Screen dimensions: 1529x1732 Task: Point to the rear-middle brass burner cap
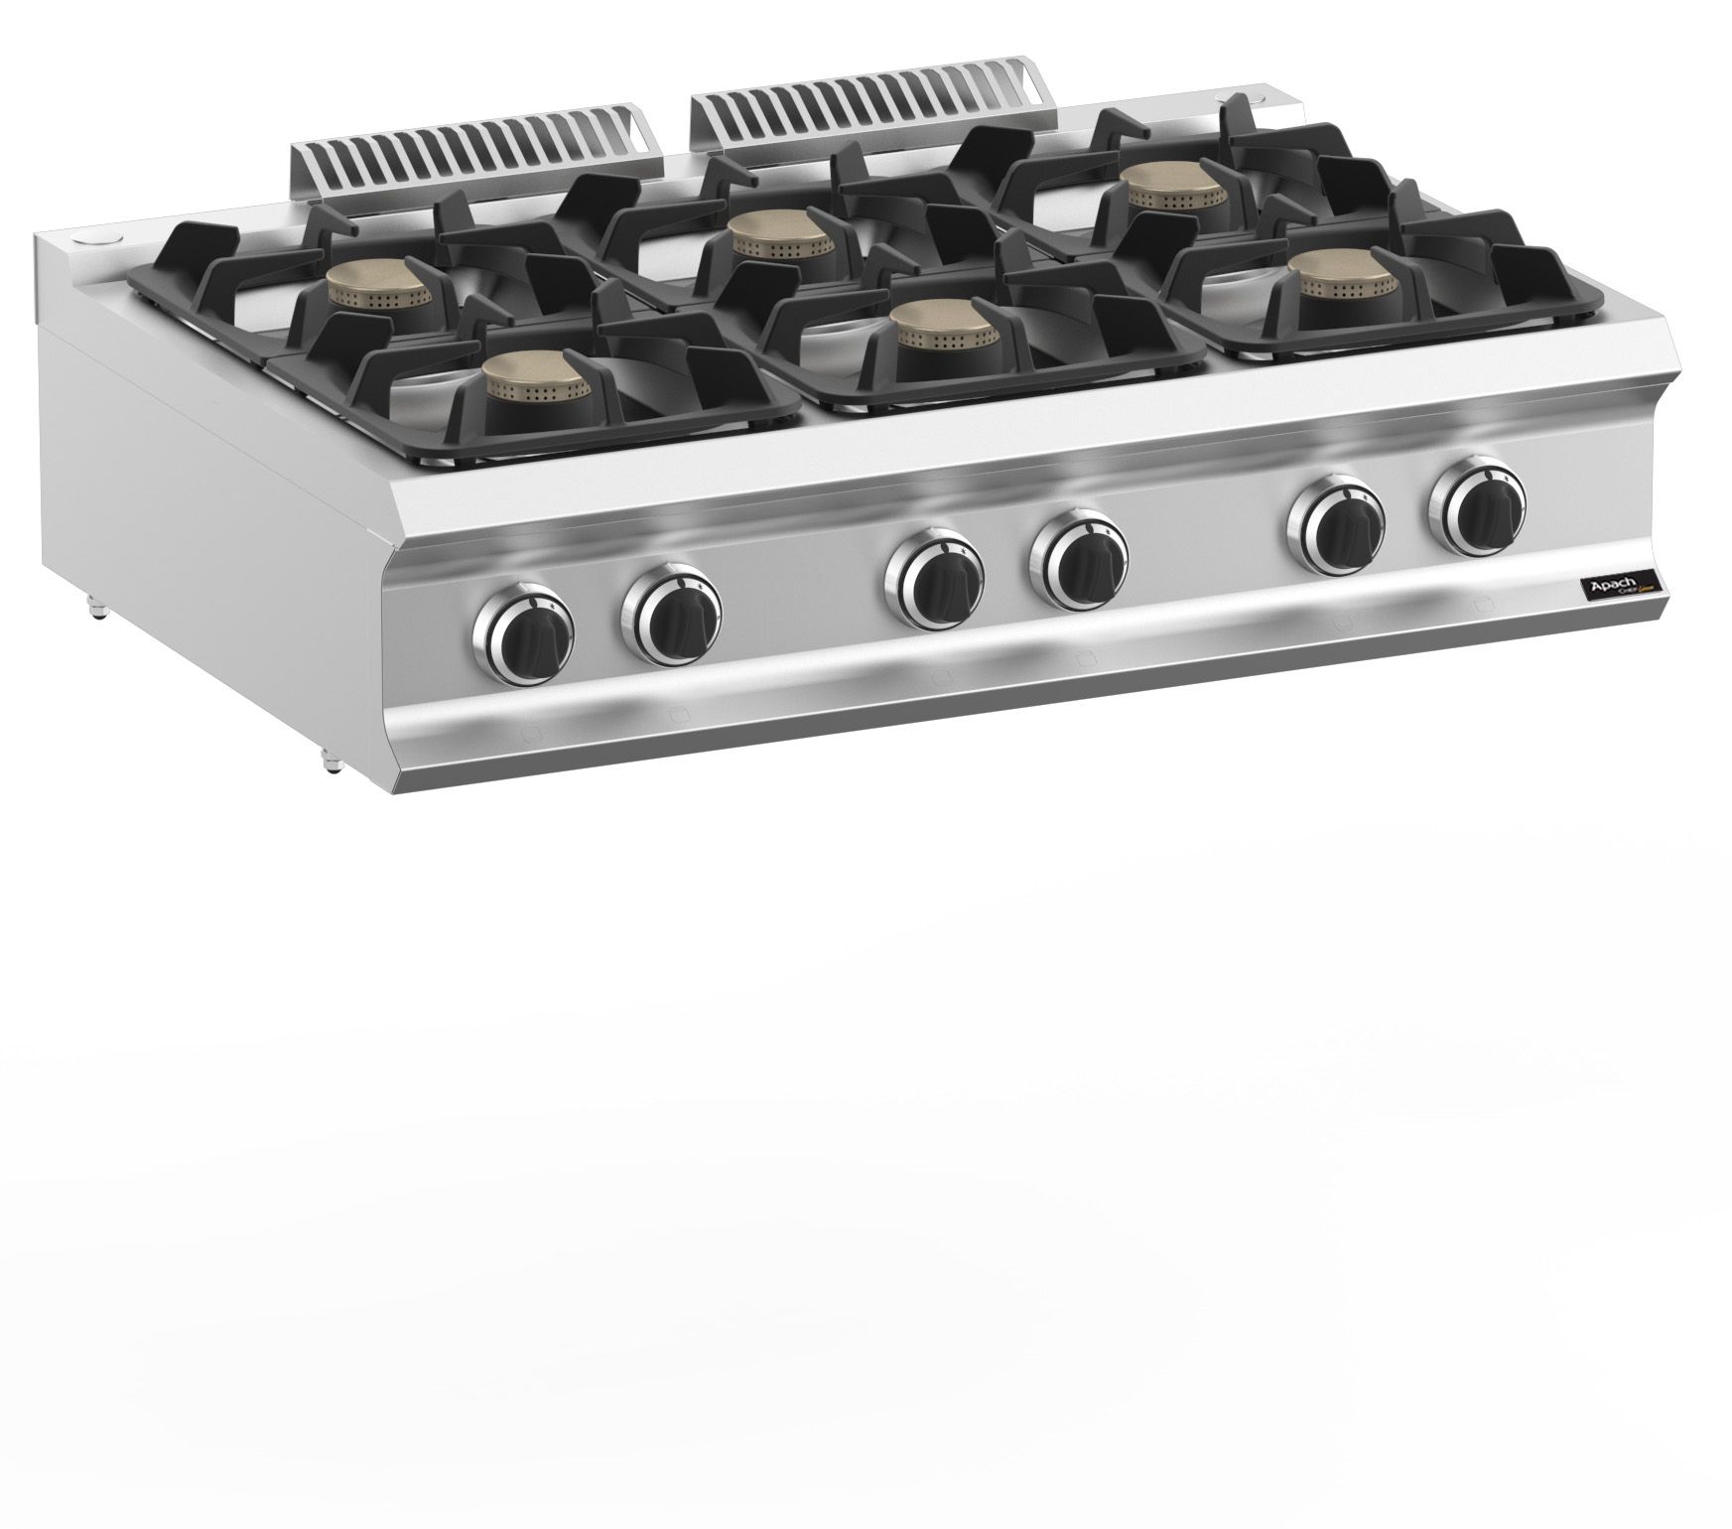coord(766,234)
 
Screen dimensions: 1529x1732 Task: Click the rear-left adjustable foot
coord(98,608)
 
